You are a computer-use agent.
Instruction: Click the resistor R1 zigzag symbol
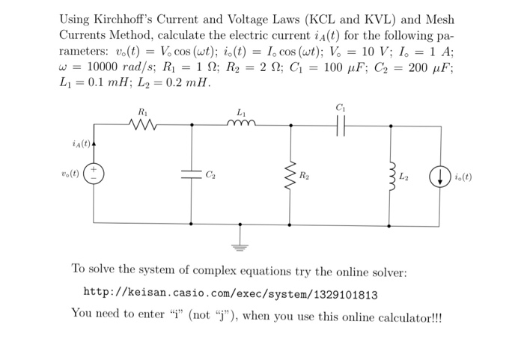coord(143,125)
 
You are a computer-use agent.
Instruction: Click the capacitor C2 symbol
coord(191,174)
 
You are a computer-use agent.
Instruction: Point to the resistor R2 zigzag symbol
coord(290,174)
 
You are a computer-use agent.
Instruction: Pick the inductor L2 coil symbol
coord(390,175)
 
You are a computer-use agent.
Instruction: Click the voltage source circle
coord(94,175)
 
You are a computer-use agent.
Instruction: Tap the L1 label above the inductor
coord(240,112)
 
